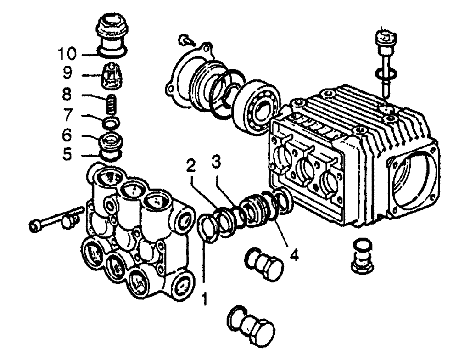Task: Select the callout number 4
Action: click(294, 254)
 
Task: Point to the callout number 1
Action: click(204, 299)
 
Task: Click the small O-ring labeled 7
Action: click(111, 123)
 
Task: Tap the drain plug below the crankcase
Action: click(363, 255)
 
